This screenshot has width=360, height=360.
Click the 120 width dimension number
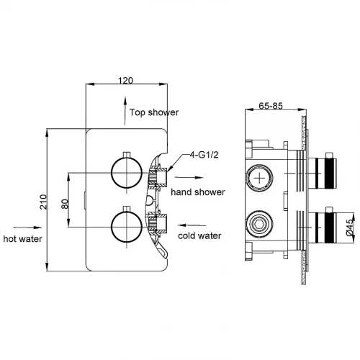pyautogui.click(x=125, y=81)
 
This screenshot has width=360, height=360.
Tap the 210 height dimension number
pyautogui.click(x=43, y=202)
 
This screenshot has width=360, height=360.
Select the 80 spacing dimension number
pyautogui.click(x=65, y=204)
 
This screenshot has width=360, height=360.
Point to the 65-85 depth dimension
pyautogui.click(x=271, y=106)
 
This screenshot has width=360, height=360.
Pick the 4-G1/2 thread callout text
pyautogui.click(x=204, y=155)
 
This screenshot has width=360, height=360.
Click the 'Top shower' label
pyautogui.click(x=154, y=112)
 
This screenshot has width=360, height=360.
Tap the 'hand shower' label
pyautogui.click(x=198, y=192)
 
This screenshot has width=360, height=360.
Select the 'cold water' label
pyautogui.click(x=199, y=235)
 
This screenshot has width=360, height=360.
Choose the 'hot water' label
pyautogui.click(x=23, y=239)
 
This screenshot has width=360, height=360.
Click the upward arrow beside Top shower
pyautogui.click(x=125, y=111)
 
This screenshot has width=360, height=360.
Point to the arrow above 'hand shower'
pyautogui.click(x=189, y=178)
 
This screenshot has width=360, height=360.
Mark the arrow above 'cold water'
pyautogui.click(x=192, y=225)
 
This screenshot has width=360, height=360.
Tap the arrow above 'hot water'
pyautogui.click(x=27, y=228)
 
